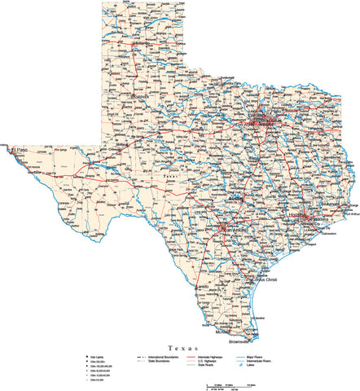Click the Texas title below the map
point(180,347)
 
